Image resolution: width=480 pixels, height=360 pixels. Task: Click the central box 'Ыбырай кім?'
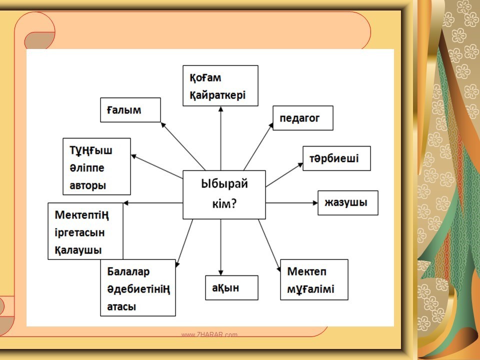pos(224,194)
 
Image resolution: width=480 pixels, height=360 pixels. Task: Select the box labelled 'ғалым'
pos(130,110)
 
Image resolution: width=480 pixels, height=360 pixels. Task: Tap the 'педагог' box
pos(303,118)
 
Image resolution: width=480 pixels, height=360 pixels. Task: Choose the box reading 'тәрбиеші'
pos(336,158)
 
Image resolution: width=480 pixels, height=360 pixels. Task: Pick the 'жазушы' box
pos(348,202)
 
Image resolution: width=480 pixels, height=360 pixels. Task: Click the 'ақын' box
pos(231,287)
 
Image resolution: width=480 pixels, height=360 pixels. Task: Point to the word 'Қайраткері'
pos(217,95)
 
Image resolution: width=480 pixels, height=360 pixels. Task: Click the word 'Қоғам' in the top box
pos(205,78)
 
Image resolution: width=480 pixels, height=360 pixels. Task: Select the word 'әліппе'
pos(87,168)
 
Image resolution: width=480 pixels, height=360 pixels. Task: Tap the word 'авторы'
pos(88,185)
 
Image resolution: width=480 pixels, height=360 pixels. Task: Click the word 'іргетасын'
pos(79,232)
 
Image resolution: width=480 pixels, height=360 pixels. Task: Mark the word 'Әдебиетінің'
pos(138,289)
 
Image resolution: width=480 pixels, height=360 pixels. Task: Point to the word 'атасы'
pos(121,306)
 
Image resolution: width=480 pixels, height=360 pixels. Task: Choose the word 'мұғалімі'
pos(310,289)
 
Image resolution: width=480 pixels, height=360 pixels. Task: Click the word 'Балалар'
pos(128,271)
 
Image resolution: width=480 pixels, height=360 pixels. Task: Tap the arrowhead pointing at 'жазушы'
pos(315,202)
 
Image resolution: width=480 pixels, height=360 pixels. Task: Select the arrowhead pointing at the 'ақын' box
pos(220,273)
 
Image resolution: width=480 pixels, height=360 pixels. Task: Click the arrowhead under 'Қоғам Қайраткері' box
pos(220,108)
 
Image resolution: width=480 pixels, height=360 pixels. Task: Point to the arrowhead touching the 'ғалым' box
pos(163,124)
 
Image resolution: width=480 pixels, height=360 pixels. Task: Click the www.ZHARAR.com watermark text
pos(209,334)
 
